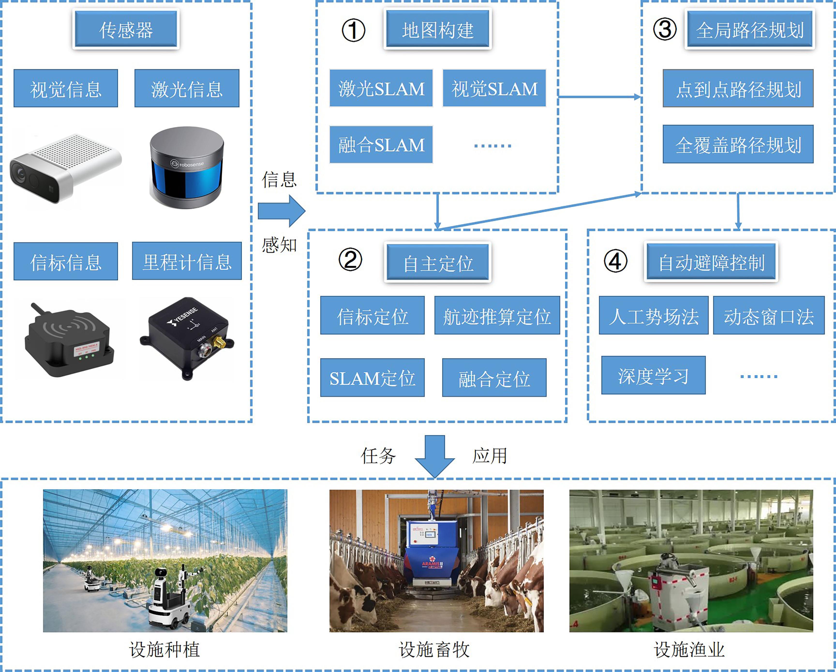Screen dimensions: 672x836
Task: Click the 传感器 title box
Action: pyautogui.click(x=126, y=29)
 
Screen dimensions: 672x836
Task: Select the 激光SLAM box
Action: pyautogui.click(x=381, y=88)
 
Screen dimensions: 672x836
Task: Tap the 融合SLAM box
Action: pyautogui.click(x=381, y=145)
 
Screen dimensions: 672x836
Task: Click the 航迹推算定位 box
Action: pyautogui.click(x=497, y=315)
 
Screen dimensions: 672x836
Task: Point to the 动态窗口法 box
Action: pyautogui.click(x=769, y=315)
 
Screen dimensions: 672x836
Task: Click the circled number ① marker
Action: pyautogui.click(x=353, y=30)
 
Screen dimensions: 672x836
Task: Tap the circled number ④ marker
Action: pyautogui.click(x=615, y=261)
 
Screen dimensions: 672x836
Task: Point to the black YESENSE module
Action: pyautogui.click(x=187, y=337)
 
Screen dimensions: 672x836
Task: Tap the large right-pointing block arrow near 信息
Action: pyautogui.click(x=282, y=211)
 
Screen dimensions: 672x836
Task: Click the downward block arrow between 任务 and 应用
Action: pyautogui.click(x=435, y=456)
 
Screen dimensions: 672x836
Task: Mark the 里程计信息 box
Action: pyautogui.click(x=187, y=261)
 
